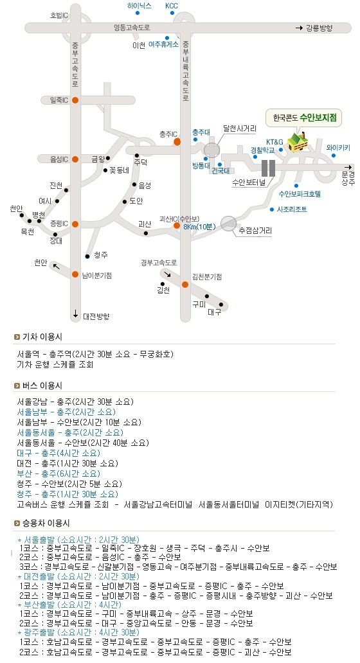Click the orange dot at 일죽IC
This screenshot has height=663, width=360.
pyautogui.click(x=75, y=100)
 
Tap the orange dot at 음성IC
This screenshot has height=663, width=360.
pyautogui.click(x=75, y=159)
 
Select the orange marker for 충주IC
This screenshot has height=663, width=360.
pyautogui.click(x=177, y=141)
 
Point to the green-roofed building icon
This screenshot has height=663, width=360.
pyautogui.click(x=298, y=142)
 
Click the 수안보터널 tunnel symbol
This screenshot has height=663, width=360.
pyautogui.click(x=268, y=168)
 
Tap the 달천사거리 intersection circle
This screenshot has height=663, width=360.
pyautogui.click(x=212, y=150)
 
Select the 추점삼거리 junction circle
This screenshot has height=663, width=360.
pyautogui.click(x=228, y=224)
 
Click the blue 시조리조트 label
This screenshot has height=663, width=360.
pyautogui.click(x=292, y=209)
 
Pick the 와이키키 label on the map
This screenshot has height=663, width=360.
pyautogui.click(x=338, y=148)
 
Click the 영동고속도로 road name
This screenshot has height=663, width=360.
pyautogui.click(x=132, y=28)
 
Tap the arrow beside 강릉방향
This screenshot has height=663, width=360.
pyautogui.click(x=299, y=28)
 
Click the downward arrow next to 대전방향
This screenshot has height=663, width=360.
pyautogui.click(x=75, y=314)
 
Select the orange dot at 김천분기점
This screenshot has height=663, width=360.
pyautogui.click(x=185, y=285)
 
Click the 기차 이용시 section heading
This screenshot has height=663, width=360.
pyautogui.click(x=42, y=337)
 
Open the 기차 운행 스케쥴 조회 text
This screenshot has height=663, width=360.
pyautogui.click(x=55, y=364)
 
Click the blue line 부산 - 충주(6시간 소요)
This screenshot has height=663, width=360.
pyautogui.click(x=59, y=473)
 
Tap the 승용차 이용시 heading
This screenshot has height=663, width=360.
pyautogui.click(x=46, y=523)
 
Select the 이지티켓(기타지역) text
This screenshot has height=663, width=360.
pyautogui.click(x=299, y=504)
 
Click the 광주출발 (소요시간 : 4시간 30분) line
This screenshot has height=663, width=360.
pyautogui.click(x=78, y=633)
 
